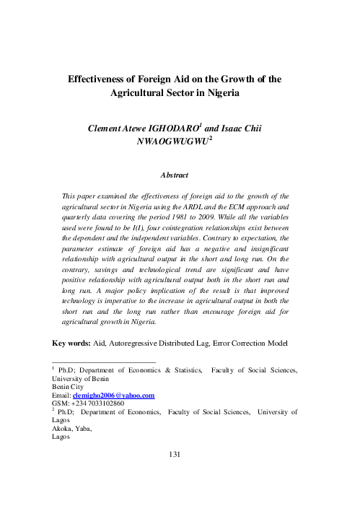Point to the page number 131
[x=180, y=453]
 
